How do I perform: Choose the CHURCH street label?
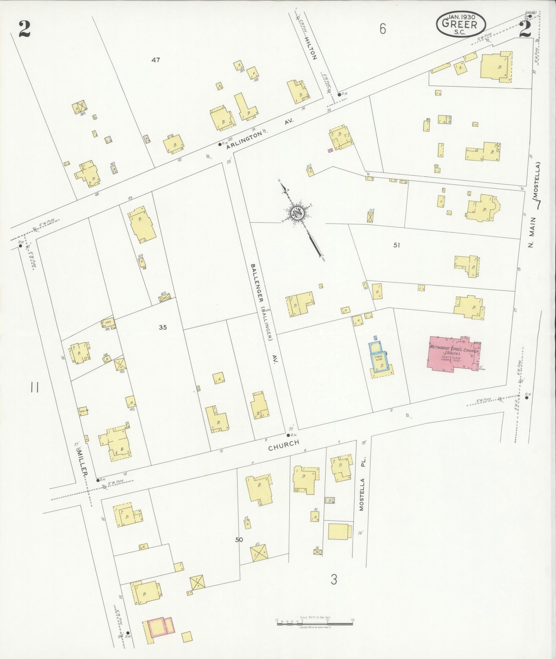[x=284, y=445]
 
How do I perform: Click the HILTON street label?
[x=311, y=48]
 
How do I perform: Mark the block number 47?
[x=155, y=60]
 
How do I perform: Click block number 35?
[x=163, y=327]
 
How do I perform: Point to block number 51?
[x=396, y=245]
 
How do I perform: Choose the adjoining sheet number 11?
[x=34, y=388]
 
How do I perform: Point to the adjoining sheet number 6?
[x=383, y=29]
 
